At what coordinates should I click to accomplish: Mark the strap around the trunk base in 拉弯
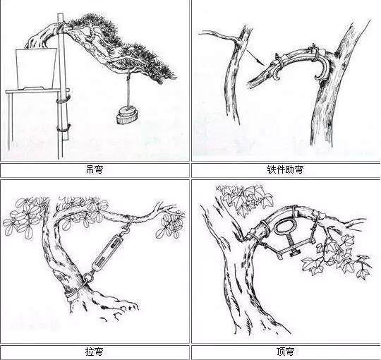pyautogui.click(x=71, y=290)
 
